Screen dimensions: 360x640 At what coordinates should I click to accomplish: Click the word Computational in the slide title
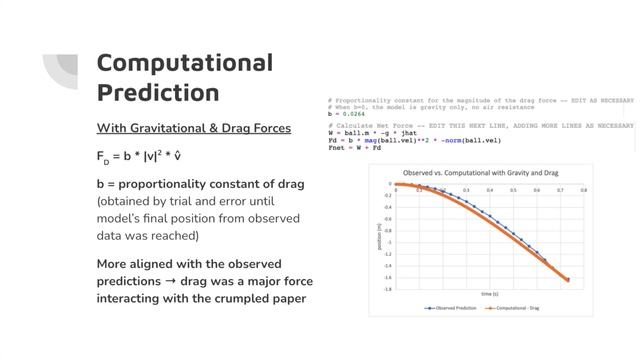tap(184, 62)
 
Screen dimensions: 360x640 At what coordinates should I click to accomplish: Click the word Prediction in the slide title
tap(157, 92)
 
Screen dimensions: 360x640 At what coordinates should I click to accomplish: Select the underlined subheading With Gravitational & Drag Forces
tap(193, 128)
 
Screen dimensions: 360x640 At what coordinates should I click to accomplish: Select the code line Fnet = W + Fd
tap(355, 148)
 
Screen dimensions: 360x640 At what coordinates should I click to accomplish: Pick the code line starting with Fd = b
tap(399, 140)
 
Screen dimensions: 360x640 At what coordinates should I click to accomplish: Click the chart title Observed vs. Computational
tap(481, 173)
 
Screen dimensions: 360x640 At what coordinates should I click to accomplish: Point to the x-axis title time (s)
tap(487, 295)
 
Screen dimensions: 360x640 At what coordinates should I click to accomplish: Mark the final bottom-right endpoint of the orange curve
tap(568, 280)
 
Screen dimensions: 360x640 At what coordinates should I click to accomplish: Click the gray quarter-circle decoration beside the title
tap(62, 67)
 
